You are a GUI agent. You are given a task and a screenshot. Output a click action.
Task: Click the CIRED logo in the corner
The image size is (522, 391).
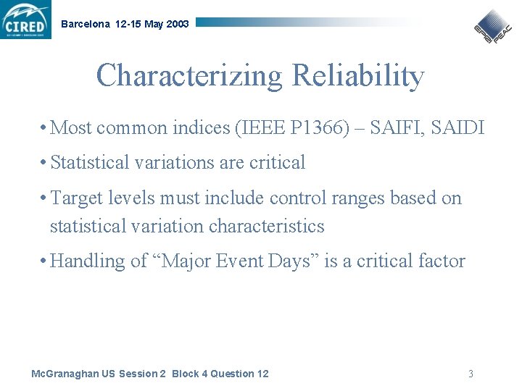[26, 20]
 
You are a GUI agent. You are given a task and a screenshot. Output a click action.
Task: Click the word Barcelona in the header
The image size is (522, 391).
[86, 24]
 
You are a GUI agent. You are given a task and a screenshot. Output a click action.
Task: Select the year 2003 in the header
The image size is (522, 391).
[177, 24]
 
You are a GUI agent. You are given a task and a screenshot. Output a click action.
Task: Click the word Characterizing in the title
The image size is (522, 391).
[190, 76]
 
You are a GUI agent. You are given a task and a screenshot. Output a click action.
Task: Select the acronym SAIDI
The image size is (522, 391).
[458, 128]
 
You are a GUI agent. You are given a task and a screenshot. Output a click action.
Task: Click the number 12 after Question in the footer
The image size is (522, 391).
[262, 374]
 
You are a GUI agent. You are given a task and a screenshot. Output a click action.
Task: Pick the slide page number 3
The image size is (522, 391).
[471, 374]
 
